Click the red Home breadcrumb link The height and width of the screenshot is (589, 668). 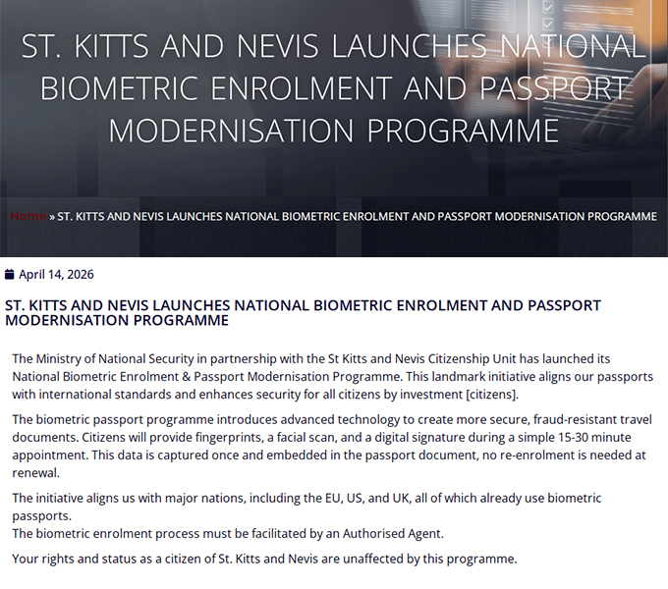click(x=28, y=216)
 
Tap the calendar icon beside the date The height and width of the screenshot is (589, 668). click(x=10, y=275)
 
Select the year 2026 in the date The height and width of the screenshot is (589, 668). click(x=78, y=275)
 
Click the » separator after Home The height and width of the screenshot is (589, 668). click(x=52, y=216)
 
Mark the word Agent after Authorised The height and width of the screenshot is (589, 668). click(x=423, y=534)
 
